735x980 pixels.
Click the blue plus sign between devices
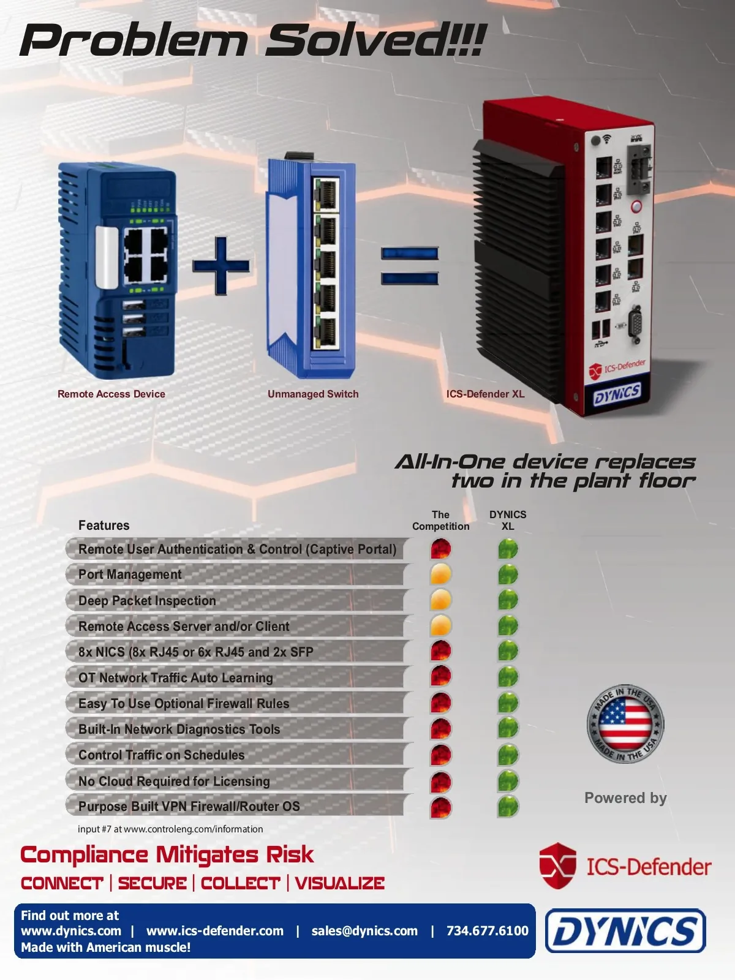click(x=221, y=265)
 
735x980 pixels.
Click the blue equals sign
click(x=410, y=266)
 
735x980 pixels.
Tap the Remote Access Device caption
click(x=111, y=394)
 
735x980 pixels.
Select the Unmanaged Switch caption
click(x=313, y=394)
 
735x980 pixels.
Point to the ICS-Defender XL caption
click(x=485, y=394)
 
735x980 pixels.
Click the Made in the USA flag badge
click(x=625, y=724)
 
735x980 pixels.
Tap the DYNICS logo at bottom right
click(x=625, y=931)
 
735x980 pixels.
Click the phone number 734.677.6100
click(x=487, y=931)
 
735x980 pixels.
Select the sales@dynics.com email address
click(x=364, y=931)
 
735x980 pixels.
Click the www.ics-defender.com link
click(x=215, y=931)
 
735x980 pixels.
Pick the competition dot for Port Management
click(x=440, y=575)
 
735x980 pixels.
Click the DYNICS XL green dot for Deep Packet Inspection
click(x=508, y=600)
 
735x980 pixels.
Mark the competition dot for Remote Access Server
click(x=440, y=626)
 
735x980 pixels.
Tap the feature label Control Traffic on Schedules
click(x=162, y=755)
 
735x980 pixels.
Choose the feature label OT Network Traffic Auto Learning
click(x=176, y=678)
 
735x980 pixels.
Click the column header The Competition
click(x=440, y=521)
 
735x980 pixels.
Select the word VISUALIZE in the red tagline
click(x=340, y=883)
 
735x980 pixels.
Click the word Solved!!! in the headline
click(x=375, y=40)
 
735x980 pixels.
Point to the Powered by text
click(x=625, y=798)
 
